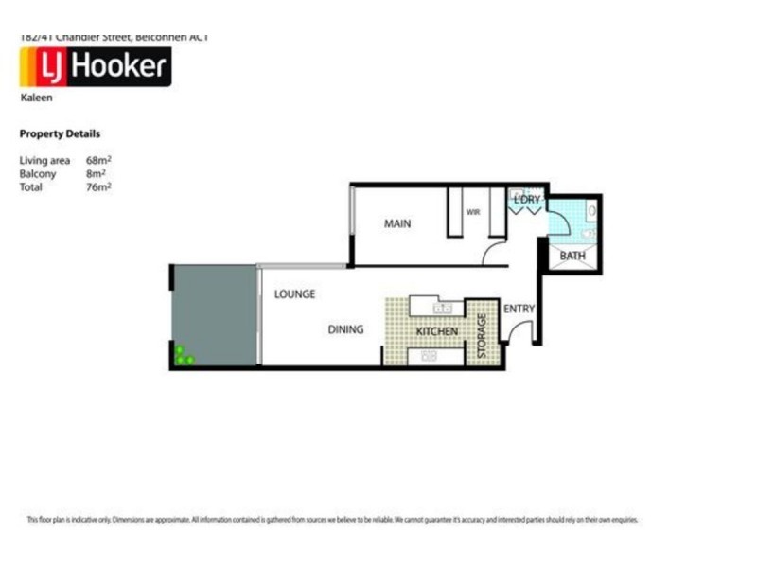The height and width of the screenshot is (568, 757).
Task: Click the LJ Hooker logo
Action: click(x=95, y=67)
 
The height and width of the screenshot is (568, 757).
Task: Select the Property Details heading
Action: click(x=60, y=134)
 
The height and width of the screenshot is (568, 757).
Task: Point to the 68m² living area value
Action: click(x=98, y=161)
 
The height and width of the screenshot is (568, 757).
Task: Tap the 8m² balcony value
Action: click(x=96, y=174)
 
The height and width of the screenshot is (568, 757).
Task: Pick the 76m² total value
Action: click(x=98, y=187)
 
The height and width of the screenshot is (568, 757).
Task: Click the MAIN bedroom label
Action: click(x=396, y=224)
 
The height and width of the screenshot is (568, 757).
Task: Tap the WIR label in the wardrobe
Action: click(x=473, y=213)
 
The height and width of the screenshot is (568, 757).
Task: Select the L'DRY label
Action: click(x=526, y=200)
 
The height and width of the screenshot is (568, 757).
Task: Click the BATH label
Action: click(x=572, y=256)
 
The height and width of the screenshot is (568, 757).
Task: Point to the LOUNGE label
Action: click(x=294, y=294)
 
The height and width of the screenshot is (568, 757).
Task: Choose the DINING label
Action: click(x=345, y=329)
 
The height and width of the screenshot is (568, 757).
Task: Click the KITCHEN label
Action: click(x=437, y=331)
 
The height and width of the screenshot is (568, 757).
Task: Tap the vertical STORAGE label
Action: click(x=482, y=335)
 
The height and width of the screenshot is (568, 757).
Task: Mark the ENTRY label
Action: click(x=519, y=309)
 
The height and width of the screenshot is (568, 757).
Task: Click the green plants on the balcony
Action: click(x=183, y=356)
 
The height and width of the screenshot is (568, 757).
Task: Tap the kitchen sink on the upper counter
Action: click(x=440, y=308)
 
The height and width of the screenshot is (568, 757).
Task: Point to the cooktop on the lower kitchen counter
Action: click(x=429, y=356)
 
